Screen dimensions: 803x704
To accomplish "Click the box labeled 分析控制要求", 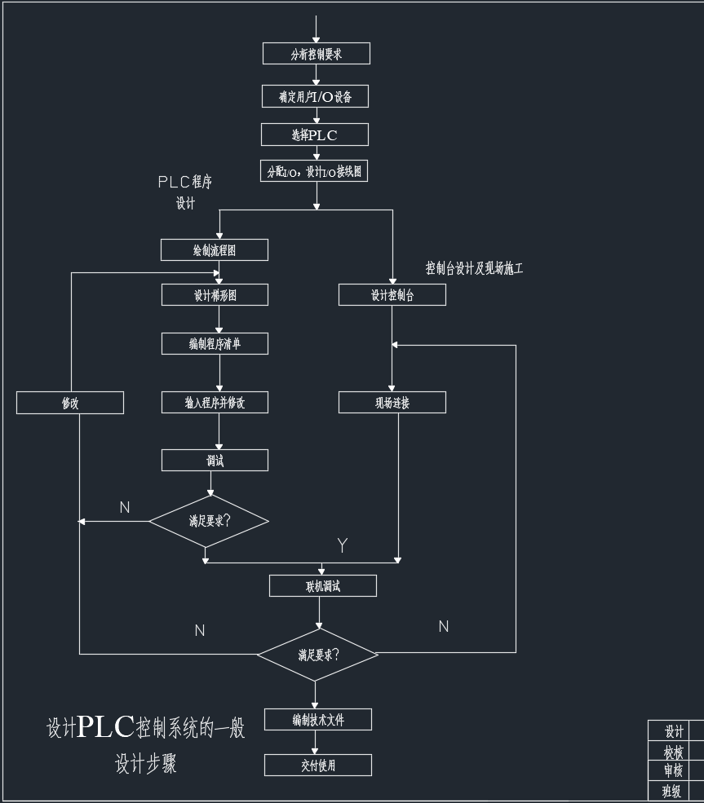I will (x=316, y=54).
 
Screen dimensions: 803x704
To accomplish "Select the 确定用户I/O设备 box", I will (x=316, y=96).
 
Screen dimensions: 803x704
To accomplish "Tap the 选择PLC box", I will (x=315, y=135).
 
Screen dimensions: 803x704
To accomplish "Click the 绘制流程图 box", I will (x=215, y=250).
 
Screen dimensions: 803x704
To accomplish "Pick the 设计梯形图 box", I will (x=215, y=295).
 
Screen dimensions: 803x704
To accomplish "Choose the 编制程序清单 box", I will (x=215, y=344).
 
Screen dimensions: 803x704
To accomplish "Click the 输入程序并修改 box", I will (x=215, y=403).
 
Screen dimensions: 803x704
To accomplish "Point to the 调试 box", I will (x=215, y=461).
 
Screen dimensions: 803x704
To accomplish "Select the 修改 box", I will (x=70, y=403).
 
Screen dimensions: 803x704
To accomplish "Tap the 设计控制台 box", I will (x=392, y=295).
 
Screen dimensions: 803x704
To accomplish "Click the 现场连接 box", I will (x=392, y=403).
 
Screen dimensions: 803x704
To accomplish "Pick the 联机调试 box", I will (x=323, y=585).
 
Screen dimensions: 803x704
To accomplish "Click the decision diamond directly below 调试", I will (x=209, y=520).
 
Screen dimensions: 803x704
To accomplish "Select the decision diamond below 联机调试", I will (x=318, y=654).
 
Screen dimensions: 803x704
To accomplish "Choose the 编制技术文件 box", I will (x=318, y=719).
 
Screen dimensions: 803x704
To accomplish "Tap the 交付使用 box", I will (x=318, y=765).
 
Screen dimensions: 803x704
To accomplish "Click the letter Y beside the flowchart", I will (x=343, y=545).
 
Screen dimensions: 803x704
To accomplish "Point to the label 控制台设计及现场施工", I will (x=474, y=268).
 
